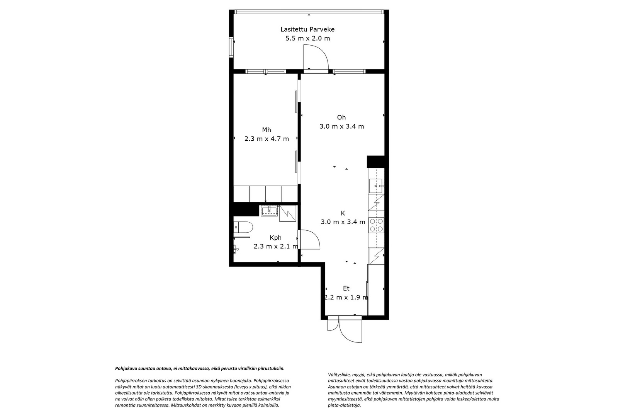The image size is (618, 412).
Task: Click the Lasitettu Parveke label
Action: pyautogui.click(x=307, y=29)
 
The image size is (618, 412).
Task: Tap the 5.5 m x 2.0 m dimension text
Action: pyautogui.click(x=307, y=38)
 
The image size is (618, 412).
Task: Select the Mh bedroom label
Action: pyautogui.click(x=267, y=129)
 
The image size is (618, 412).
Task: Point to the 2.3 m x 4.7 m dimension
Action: pyautogui.click(x=267, y=139)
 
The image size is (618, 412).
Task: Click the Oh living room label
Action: pyautogui.click(x=341, y=117)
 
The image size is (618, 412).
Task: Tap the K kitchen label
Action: pyautogui.click(x=343, y=213)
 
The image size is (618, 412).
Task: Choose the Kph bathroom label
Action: pyautogui.click(x=276, y=237)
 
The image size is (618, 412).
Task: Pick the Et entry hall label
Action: pyautogui.click(x=346, y=288)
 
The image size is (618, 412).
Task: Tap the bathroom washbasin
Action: pyautogui.click(x=269, y=211)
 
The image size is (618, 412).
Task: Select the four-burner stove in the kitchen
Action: pyautogui.click(x=376, y=225)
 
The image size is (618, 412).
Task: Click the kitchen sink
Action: pyautogui.click(x=376, y=186)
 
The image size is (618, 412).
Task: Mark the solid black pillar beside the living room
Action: pyautogui.click(x=376, y=162)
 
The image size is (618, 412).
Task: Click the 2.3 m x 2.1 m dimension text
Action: pyautogui.click(x=276, y=246)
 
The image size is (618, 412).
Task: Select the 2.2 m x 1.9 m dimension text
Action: pyautogui.click(x=346, y=297)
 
